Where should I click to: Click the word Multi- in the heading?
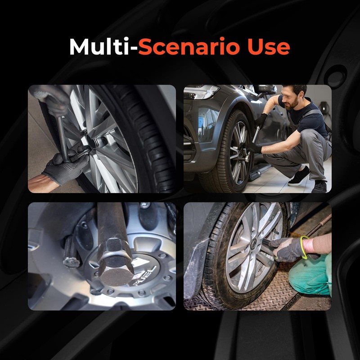(x=104, y=47)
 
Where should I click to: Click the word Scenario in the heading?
(x=189, y=47)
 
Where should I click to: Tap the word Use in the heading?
(x=269, y=47)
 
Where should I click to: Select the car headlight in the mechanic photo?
(x=201, y=92)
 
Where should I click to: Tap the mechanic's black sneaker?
(x=299, y=176)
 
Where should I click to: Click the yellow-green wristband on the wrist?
(x=303, y=247)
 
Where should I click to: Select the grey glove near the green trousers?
(x=288, y=249)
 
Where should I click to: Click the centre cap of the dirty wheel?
(x=253, y=244)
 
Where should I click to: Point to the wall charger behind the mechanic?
(x=324, y=108)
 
